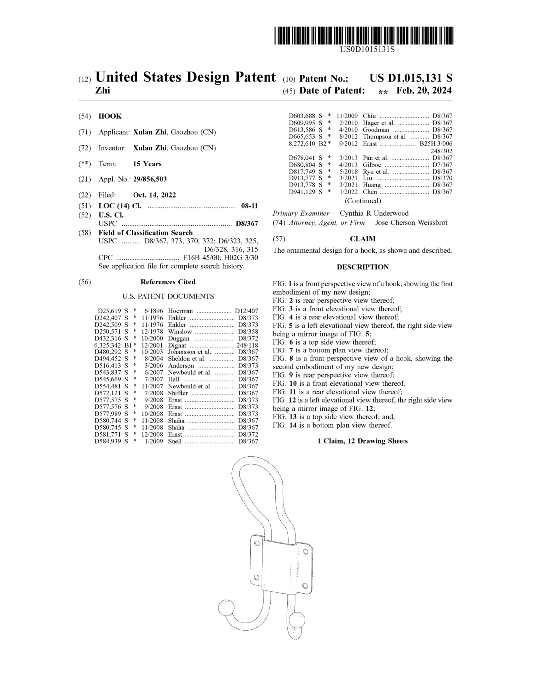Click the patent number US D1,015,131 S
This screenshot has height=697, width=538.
tap(410, 78)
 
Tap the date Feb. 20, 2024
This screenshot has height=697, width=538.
tap(423, 91)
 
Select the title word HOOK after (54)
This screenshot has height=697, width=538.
tap(110, 116)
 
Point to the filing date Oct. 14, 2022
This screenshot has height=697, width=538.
tap(154, 195)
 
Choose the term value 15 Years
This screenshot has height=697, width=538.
tap(147, 164)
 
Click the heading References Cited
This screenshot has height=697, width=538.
tap(168, 282)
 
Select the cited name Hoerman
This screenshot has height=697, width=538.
tap(180, 311)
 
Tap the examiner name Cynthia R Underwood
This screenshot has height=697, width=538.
tap(374, 213)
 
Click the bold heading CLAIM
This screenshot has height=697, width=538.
tap(363, 239)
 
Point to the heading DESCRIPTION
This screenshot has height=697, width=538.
tap(363, 267)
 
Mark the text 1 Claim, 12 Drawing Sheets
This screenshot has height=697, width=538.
tap(363, 441)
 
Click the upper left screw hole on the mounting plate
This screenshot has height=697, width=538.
tap(256, 543)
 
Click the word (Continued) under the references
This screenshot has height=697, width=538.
tap(363, 201)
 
